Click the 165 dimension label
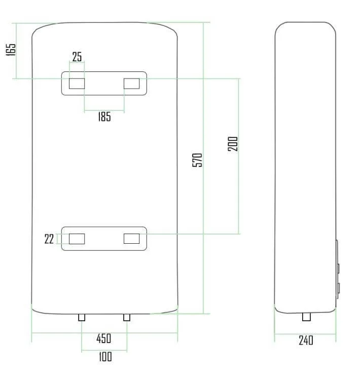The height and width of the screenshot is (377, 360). tap(11, 50)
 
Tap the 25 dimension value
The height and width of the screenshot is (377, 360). tap(77, 57)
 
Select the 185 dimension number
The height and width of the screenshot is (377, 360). tap(104, 117)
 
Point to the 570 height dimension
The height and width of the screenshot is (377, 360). tap(197, 160)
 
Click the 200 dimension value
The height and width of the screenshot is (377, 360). tap(233, 144)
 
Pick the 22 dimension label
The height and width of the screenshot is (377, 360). tap(49, 239)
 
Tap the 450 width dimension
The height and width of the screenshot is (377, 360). tap(104, 338)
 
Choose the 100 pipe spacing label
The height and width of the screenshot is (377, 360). tap(105, 356)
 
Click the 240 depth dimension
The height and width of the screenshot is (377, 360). tap(306, 340)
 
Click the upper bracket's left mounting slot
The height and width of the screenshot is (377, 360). tap(77, 84)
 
